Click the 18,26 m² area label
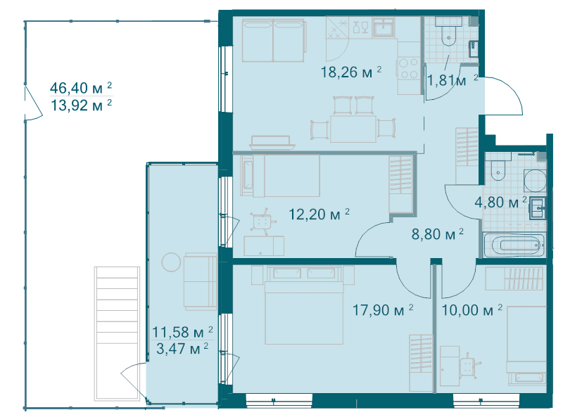click(x=350, y=71)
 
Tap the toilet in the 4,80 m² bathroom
click(x=497, y=169)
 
